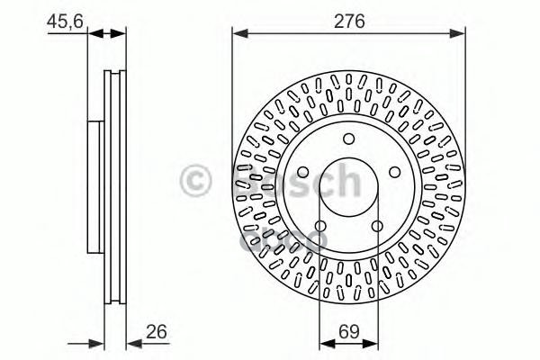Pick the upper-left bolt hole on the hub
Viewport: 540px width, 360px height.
coord(302,170)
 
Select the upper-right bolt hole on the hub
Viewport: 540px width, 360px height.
coord(394,170)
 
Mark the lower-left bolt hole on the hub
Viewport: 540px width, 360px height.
coord(320,225)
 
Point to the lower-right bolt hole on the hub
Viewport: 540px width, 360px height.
coord(377,225)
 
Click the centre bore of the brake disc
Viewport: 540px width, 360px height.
coord(348,186)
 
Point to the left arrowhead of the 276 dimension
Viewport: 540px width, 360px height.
coord(238,34)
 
